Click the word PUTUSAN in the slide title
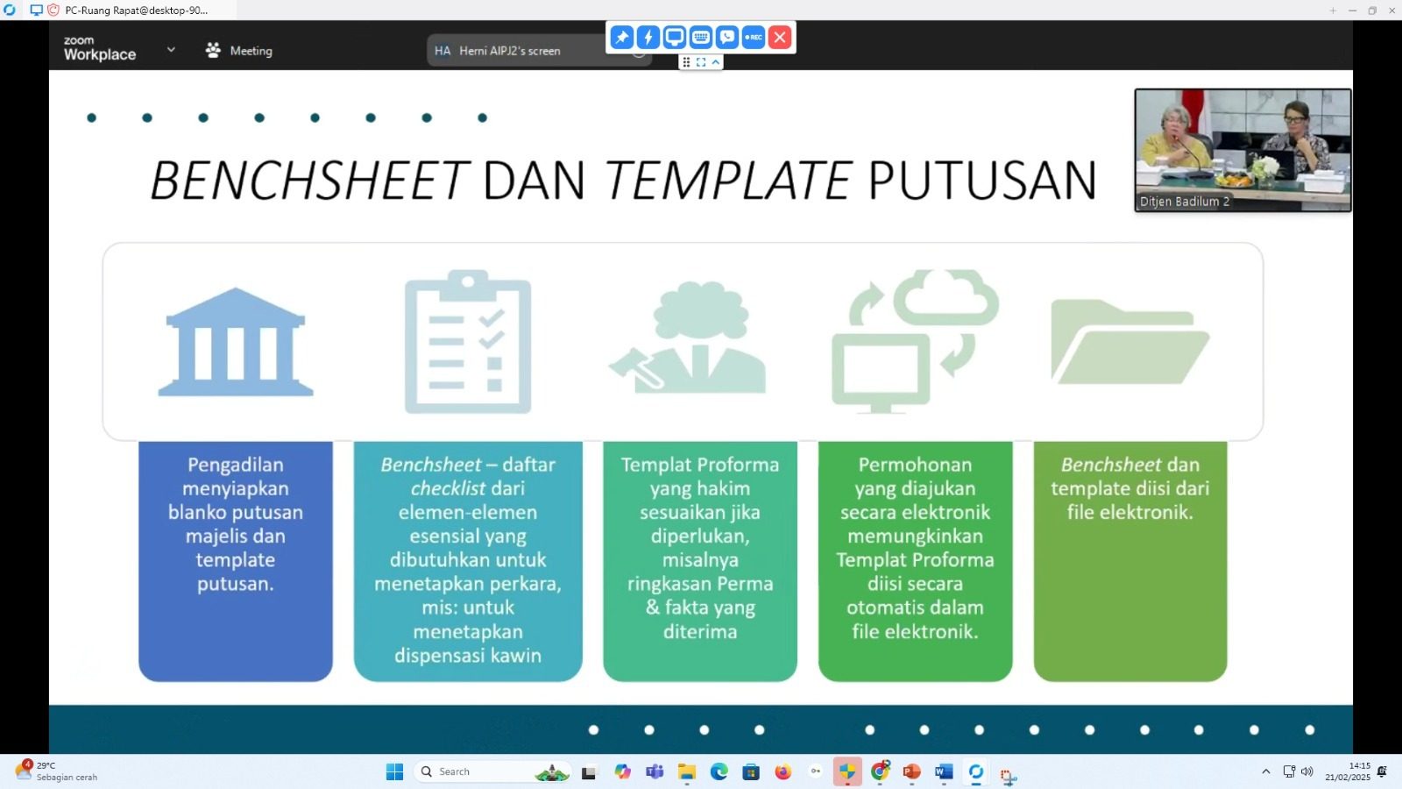pyautogui.click(x=982, y=181)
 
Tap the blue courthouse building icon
pyautogui.click(x=236, y=342)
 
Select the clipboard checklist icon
pyautogui.click(x=468, y=342)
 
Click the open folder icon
pyautogui.click(x=1129, y=342)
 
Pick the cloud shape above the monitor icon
pyautogui.click(x=945, y=297)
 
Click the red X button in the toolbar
pyautogui.click(x=780, y=37)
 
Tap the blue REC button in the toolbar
pyautogui.click(x=754, y=37)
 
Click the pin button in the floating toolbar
pyautogui.click(x=621, y=37)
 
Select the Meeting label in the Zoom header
pyautogui.click(x=251, y=51)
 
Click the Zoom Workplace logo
pyautogui.click(x=100, y=49)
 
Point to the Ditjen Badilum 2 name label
pyautogui.click(x=1185, y=202)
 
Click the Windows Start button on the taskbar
pyautogui.click(x=395, y=772)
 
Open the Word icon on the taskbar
pyautogui.click(x=944, y=772)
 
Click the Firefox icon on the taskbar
pyautogui.click(x=783, y=772)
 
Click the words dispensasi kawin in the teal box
pyautogui.click(x=468, y=655)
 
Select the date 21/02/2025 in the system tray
pyautogui.click(x=1348, y=777)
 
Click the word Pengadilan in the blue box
pyautogui.click(x=236, y=465)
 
